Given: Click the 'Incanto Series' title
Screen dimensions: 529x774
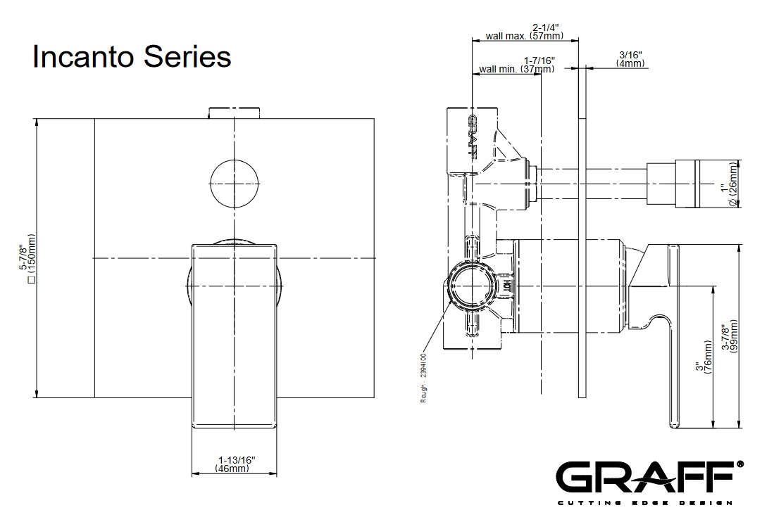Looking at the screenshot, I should (132, 57).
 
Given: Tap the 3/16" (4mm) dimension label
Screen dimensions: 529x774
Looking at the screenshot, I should (630, 59).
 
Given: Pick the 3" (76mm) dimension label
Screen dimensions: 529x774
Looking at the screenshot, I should (704, 361).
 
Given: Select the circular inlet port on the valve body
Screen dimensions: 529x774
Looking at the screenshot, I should (471, 286).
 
